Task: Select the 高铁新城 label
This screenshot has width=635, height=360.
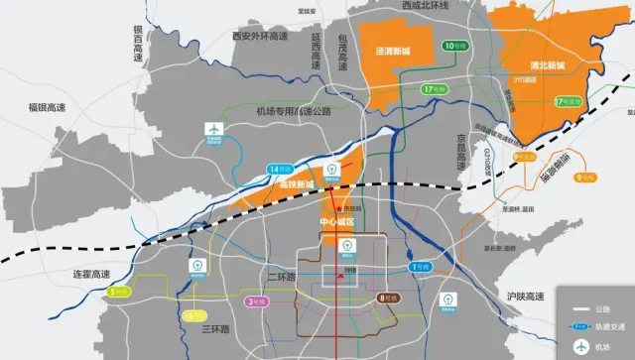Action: coord(296,184)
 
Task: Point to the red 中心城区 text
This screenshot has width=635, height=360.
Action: coord(337,221)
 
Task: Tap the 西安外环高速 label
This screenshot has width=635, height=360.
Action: coord(259,36)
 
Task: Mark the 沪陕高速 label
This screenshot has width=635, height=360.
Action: coord(526,297)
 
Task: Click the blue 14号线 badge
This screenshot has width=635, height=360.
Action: coord(281,170)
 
